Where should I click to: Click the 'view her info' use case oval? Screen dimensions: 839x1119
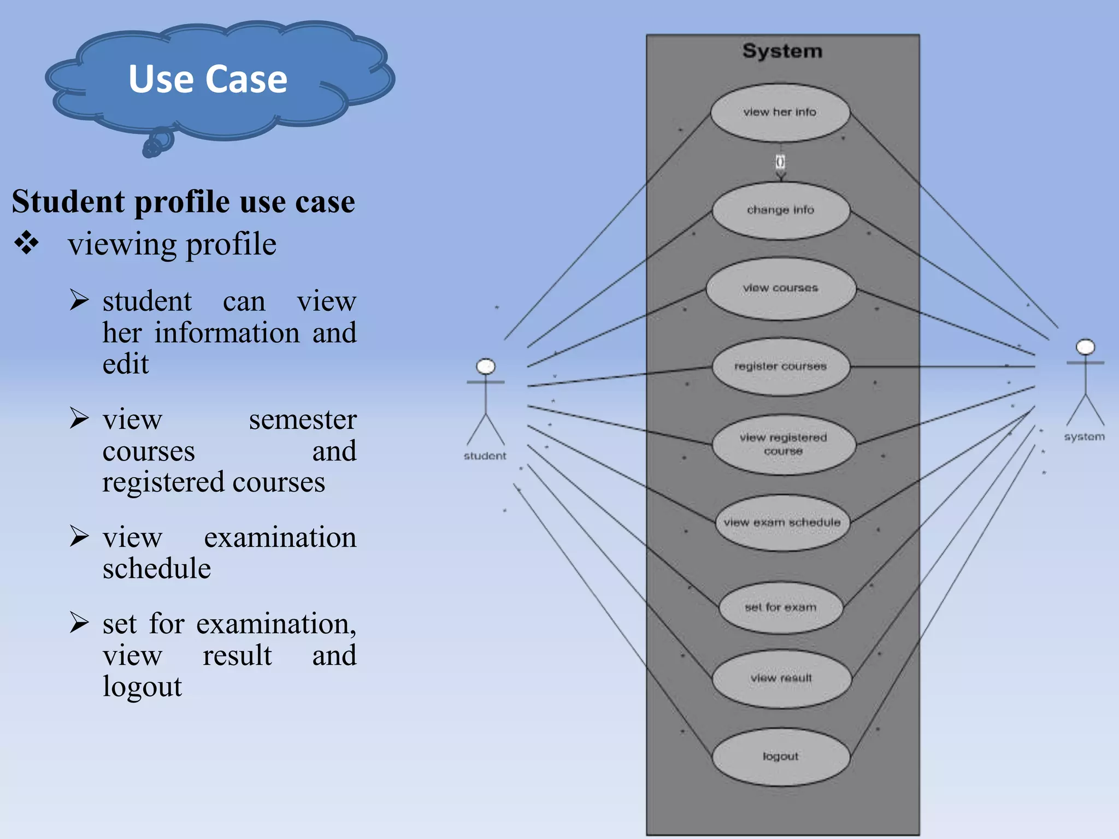click(780, 113)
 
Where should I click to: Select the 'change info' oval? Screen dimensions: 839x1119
click(780, 210)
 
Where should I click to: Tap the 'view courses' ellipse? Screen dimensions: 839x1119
click(780, 288)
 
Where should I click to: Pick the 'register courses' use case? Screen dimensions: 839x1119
click(780, 367)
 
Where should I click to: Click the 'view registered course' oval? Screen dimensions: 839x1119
click(783, 444)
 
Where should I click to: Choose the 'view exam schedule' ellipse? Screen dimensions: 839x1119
click(782, 523)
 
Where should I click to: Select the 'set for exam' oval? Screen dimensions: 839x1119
click(780, 607)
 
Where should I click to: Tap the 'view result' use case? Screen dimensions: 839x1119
click(781, 678)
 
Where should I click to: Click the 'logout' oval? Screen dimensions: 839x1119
click(780, 757)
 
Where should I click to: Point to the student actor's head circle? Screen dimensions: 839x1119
click(486, 367)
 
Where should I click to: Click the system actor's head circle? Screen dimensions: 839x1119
click(1085, 347)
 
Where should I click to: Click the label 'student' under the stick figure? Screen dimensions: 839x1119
click(485, 456)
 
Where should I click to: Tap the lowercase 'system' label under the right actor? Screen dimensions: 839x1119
click(1084, 437)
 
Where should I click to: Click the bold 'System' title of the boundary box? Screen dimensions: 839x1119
click(782, 51)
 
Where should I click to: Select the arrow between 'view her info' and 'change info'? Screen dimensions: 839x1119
click(781, 163)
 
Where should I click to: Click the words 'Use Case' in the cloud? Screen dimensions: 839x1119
click(208, 80)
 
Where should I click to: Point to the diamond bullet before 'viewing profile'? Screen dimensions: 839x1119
click(27, 243)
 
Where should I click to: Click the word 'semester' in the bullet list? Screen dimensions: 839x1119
click(302, 420)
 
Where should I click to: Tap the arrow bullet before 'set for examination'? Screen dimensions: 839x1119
click(79, 623)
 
